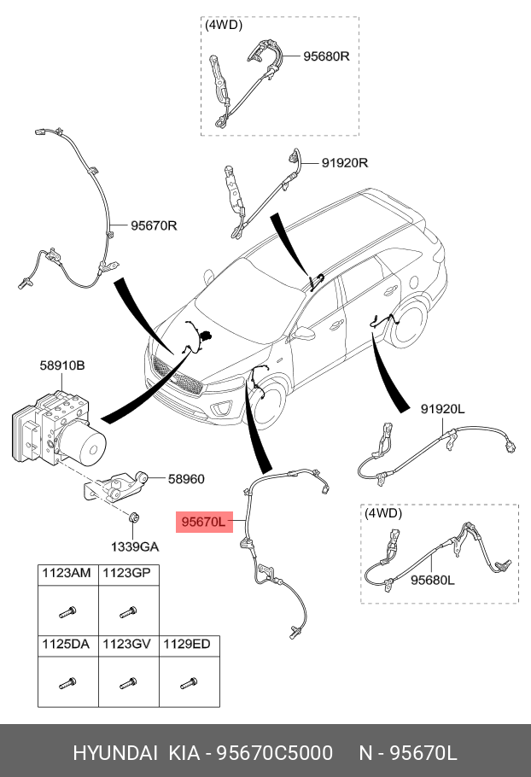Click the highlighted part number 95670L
[x=201, y=521]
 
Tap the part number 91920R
[x=344, y=162]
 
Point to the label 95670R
[x=154, y=226]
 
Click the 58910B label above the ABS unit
[x=61, y=365]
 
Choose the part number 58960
[x=185, y=479]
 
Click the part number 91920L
[x=442, y=409]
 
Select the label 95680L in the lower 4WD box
[x=433, y=580]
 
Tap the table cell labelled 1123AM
[x=67, y=574]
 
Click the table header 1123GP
[x=126, y=574]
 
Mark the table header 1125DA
[x=67, y=644]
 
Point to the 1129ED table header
[x=186, y=644]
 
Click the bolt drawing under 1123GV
[x=127, y=683]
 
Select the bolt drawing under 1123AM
[x=67, y=611]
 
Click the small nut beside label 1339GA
[x=134, y=517]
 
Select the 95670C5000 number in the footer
[x=273, y=753]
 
